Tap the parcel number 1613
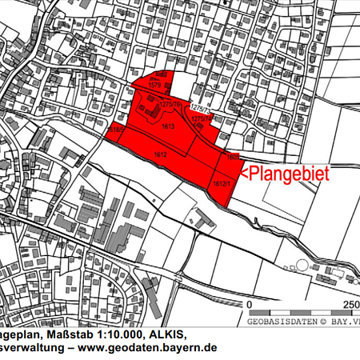click(x=169, y=126)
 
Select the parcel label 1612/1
click(x=222, y=184)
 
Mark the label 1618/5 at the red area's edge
click(x=114, y=129)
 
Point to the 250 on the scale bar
click(x=350, y=305)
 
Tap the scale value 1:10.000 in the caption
click(x=137, y=334)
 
